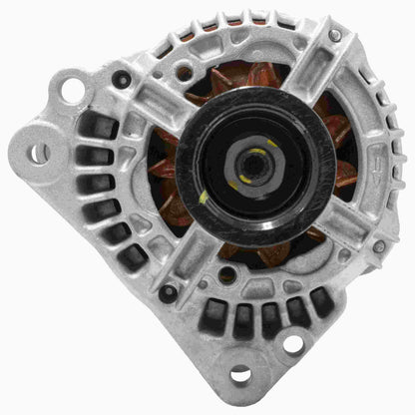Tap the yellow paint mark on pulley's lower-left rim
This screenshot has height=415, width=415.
click(x=205, y=196)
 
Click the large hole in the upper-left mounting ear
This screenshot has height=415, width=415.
click(x=72, y=89)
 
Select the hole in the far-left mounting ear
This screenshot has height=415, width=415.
click(x=38, y=154)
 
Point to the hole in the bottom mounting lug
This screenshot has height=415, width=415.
click(x=240, y=376)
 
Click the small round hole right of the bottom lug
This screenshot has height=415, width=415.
click(x=292, y=344)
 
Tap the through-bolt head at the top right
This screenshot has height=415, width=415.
click(x=334, y=35)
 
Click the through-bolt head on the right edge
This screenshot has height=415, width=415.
click(x=378, y=245)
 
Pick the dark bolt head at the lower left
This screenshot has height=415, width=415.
click(x=167, y=293)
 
